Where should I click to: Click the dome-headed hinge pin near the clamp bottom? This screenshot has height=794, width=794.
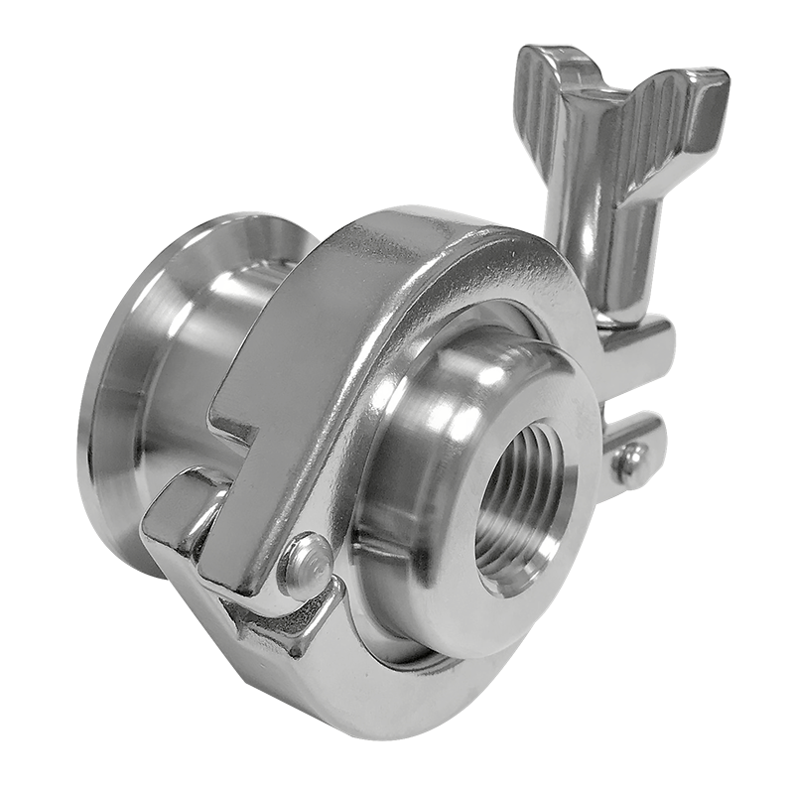[x=306, y=563]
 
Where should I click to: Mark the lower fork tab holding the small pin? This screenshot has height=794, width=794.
[x=640, y=437]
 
